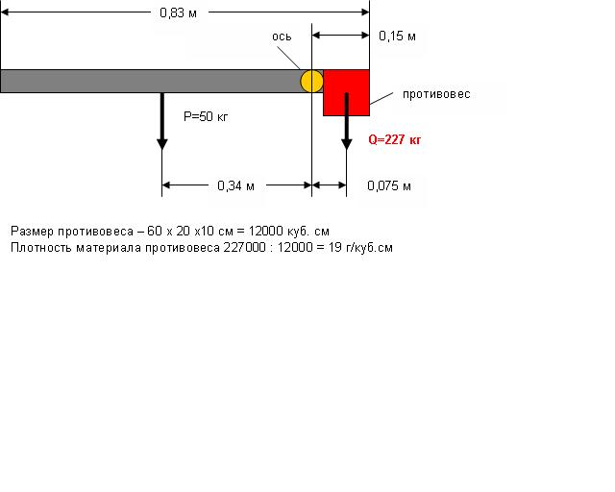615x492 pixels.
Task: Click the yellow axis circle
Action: (x=311, y=82)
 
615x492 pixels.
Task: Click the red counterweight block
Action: (x=346, y=92)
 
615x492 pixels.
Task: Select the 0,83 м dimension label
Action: (x=178, y=12)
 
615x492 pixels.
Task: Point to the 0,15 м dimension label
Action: (x=397, y=37)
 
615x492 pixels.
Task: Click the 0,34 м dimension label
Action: (x=235, y=185)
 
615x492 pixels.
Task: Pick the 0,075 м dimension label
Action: (x=389, y=185)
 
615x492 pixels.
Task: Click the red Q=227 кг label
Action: (x=395, y=139)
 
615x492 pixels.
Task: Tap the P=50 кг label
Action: (x=206, y=116)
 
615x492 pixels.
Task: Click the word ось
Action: (x=282, y=37)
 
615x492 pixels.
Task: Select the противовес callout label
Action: (x=436, y=94)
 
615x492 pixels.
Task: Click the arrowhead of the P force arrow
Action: (x=162, y=144)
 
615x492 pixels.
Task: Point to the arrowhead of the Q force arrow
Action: (x=346, y=144)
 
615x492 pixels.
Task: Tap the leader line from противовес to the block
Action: (x=381, y=99)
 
